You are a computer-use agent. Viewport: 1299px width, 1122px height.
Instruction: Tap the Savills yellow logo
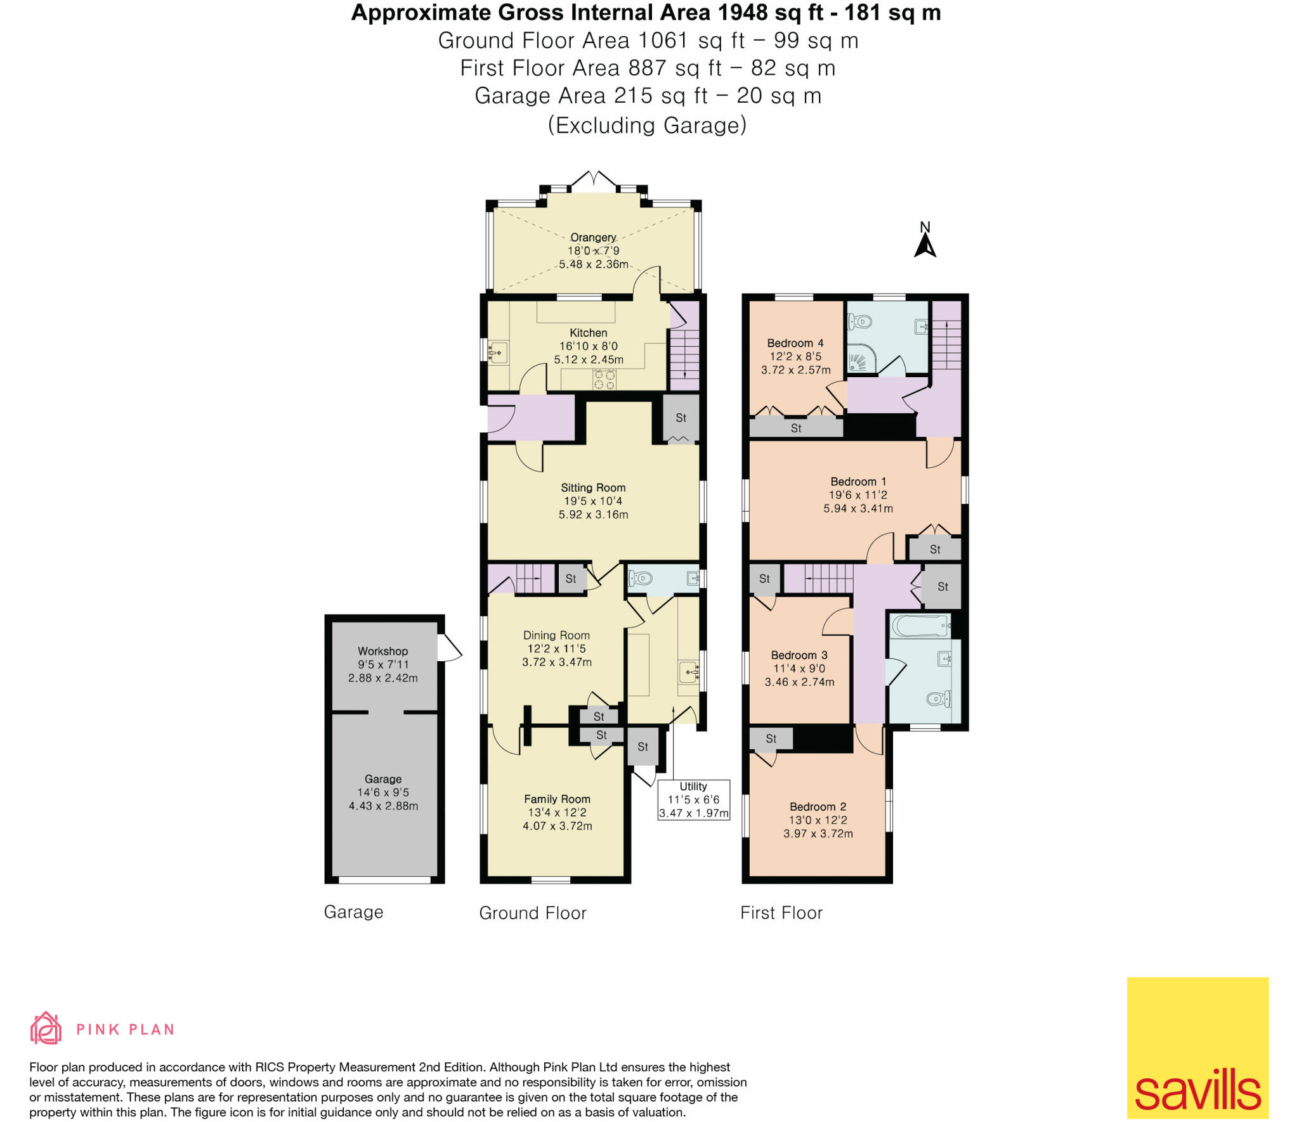coord(1197,1047)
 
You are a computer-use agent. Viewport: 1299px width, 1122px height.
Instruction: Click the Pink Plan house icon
coord(46,1028)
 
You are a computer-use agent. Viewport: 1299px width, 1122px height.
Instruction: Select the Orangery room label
coord(593,237)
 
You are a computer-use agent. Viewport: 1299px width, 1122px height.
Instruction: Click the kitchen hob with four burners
coord(604,380)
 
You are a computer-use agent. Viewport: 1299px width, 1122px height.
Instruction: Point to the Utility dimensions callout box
coord(693,799)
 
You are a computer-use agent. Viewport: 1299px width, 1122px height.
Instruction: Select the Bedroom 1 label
coord(858,482)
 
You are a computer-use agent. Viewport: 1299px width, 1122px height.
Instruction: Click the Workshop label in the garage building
coord(382,651)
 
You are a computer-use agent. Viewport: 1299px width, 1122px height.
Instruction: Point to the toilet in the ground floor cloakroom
coord(641,578)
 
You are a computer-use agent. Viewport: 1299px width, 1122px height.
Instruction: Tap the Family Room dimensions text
coord(557,819)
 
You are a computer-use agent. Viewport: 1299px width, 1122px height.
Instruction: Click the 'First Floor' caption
coord(781,913)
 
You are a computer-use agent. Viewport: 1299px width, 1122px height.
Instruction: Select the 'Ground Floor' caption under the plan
coord(532,913)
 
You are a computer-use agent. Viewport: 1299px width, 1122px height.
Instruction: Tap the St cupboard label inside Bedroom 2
coord(771,738)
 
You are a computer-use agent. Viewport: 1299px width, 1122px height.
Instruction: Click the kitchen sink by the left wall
coord(499,352)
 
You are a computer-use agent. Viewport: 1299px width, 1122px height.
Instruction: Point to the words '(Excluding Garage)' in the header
coord(647,125)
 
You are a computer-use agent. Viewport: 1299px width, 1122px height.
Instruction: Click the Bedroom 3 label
coord(799,655)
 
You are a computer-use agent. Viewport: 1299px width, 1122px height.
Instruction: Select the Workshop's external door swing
coord(450,649)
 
